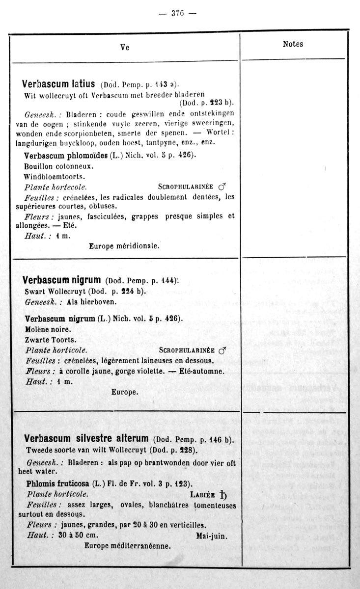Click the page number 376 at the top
[177, 13]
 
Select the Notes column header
[293, 44]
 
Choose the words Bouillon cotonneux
[58, 166]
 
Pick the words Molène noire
[48, 329]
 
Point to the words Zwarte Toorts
[49, 340]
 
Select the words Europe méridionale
[124, 246]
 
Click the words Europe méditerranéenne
[128, 545]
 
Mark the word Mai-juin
[212, 535]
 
